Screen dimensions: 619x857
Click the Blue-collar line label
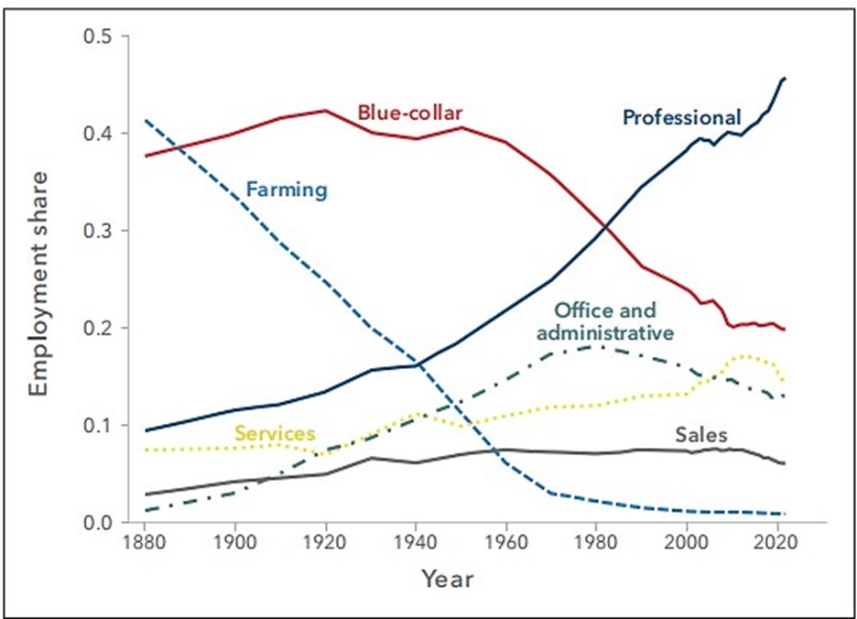tap(409, 113)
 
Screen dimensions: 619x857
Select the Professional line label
tap(681, 117)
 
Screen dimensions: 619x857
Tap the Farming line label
tap(286, 190)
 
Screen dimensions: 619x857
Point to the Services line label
tap(275, 433)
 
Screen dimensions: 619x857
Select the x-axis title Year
tap(448, 579)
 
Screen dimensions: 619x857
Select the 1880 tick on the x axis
tap(145, 542)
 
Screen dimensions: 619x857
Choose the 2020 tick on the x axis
tap(776, 542)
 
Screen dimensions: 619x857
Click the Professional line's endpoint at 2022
tap(785, 79)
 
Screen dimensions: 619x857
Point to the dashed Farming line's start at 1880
tap(145, 120)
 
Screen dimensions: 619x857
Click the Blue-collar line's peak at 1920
tap(324, 110)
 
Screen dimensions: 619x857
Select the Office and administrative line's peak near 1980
tap(596, 346)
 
